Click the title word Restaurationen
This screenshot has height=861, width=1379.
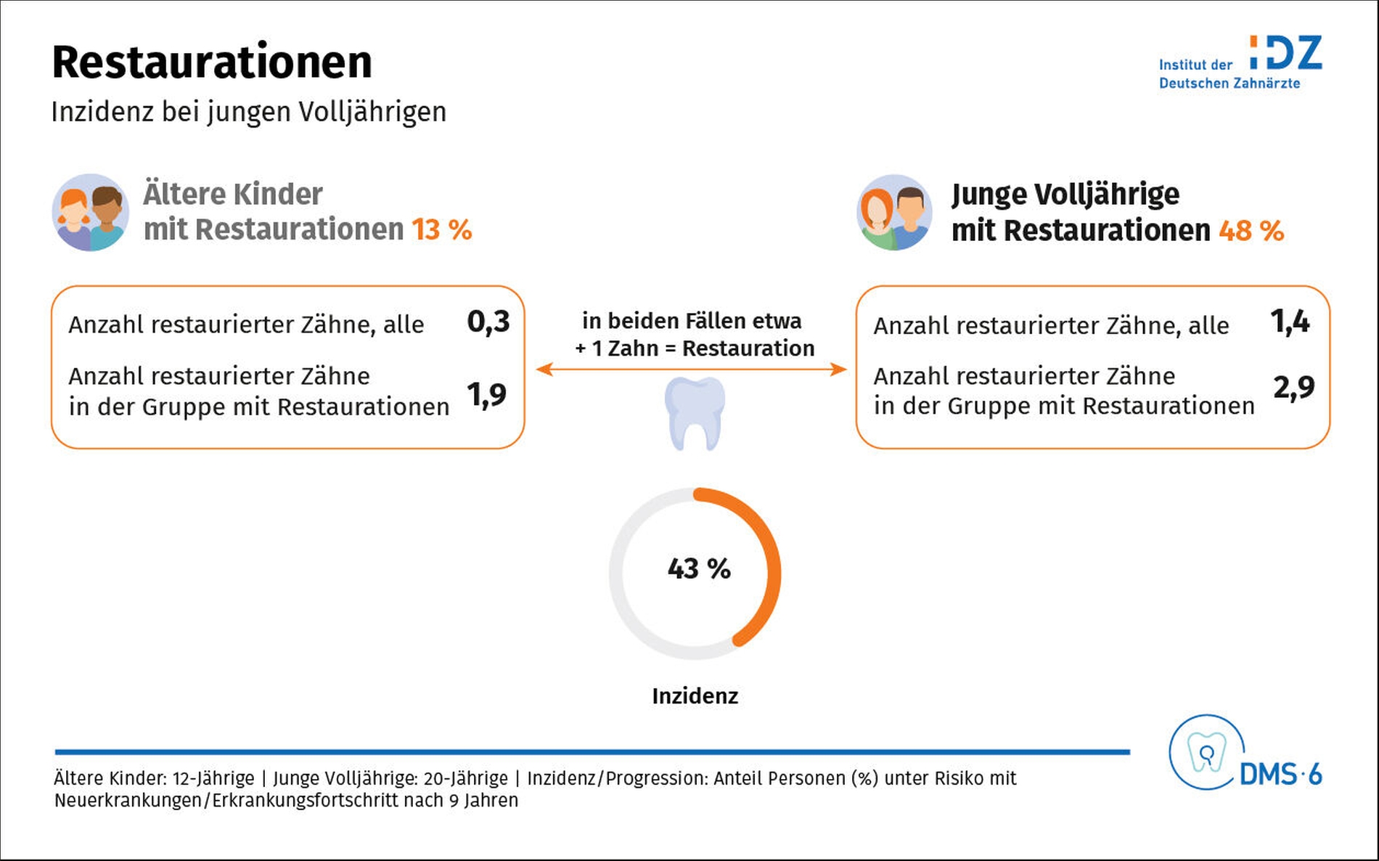pos(212,62)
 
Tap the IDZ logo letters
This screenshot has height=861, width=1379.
pos(1285,53)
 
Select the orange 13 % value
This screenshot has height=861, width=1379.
pos(442,230)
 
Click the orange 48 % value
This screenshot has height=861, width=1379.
pos(1251,231)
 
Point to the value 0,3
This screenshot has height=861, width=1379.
pos(488,322)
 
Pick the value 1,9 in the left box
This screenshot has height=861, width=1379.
pos(487,395)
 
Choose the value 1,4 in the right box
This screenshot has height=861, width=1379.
pos(1290,322)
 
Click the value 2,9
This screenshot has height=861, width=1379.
pos(1294,388)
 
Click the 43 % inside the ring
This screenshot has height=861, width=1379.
pos(699,568)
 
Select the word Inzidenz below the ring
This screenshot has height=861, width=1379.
pos(695,696)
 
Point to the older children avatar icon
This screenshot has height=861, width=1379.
pos(91,212)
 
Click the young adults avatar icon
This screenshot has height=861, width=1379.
pos(894,212)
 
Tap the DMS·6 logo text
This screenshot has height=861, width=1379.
pos(1281,775)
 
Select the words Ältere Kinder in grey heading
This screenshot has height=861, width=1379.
pos(233,195)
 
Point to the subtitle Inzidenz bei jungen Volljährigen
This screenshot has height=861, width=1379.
pos(249,113)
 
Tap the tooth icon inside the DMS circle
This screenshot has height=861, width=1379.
pos(1206,752)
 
